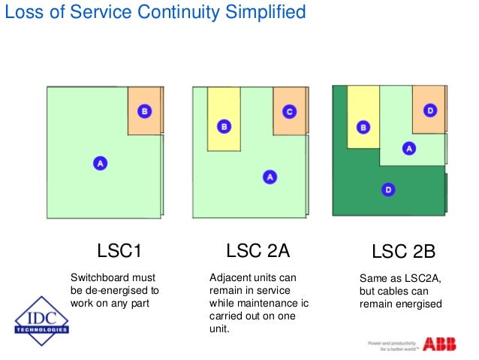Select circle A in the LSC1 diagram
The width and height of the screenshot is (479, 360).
point(98,162)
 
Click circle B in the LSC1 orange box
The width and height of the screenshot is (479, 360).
point(145,111)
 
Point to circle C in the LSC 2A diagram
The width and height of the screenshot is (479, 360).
point(289,111)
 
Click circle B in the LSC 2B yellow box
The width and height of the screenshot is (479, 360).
point(363,127)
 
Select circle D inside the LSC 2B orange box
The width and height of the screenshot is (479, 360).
point(429,111)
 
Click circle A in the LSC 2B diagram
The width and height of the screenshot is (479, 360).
point(409,148)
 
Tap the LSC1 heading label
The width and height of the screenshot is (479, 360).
point(119,250)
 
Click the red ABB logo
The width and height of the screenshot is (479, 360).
point(438,344)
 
